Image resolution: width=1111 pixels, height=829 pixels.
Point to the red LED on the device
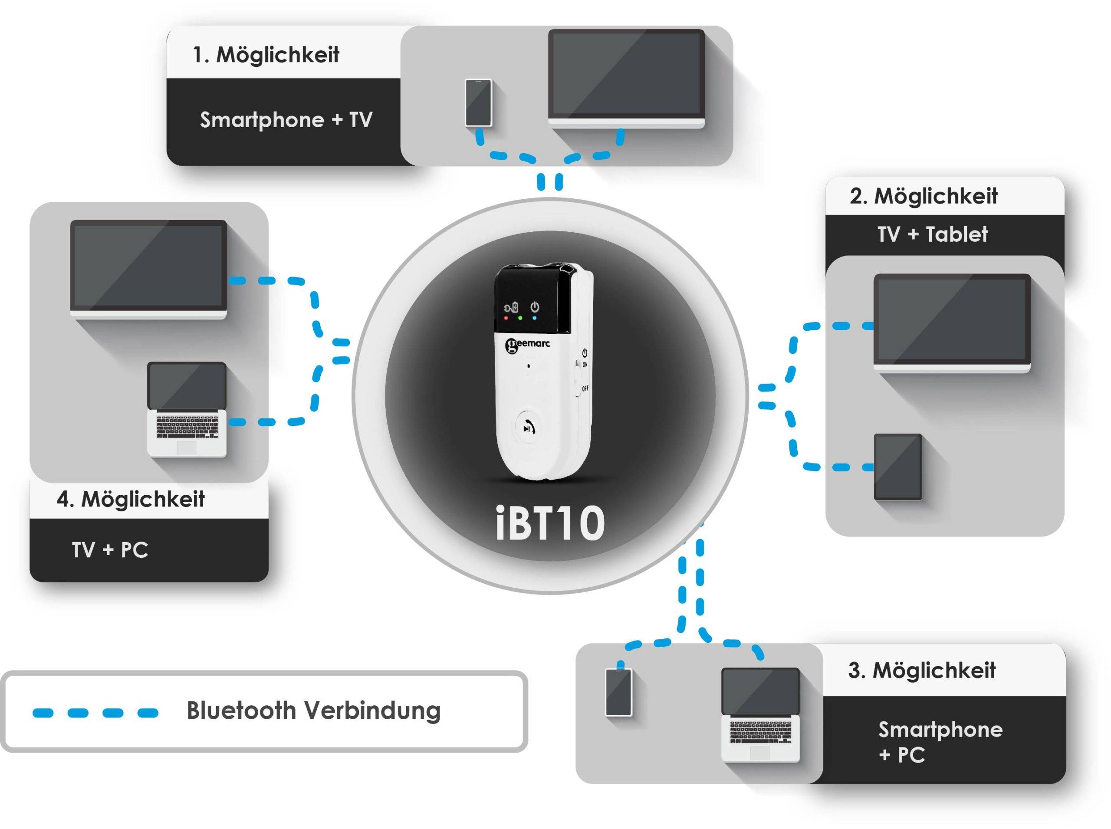506,318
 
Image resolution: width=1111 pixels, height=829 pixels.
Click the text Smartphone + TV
286,120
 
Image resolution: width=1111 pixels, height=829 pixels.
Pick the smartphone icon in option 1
478,103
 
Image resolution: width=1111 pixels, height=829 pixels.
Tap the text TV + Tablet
932,234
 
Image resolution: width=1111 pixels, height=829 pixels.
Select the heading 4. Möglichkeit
131,499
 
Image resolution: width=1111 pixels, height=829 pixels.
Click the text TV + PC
110,550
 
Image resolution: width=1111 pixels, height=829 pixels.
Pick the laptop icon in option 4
187,409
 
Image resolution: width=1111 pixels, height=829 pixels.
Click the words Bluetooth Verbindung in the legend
313,711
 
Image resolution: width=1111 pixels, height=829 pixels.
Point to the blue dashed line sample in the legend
95,713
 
